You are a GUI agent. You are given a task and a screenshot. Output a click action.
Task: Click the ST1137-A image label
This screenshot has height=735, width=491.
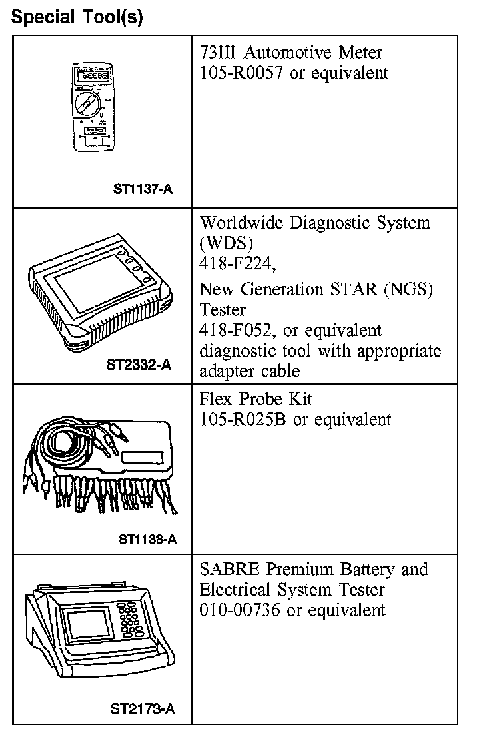pos(143,189)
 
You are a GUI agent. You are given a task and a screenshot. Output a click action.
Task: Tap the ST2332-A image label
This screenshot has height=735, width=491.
pos(139,365)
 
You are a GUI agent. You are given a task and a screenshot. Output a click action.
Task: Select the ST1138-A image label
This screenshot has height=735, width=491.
pos(147,539)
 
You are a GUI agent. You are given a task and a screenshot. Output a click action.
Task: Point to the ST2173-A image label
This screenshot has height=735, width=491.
pos(143,709)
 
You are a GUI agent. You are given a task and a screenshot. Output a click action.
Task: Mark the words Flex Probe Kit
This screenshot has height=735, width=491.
pos(256,399)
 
